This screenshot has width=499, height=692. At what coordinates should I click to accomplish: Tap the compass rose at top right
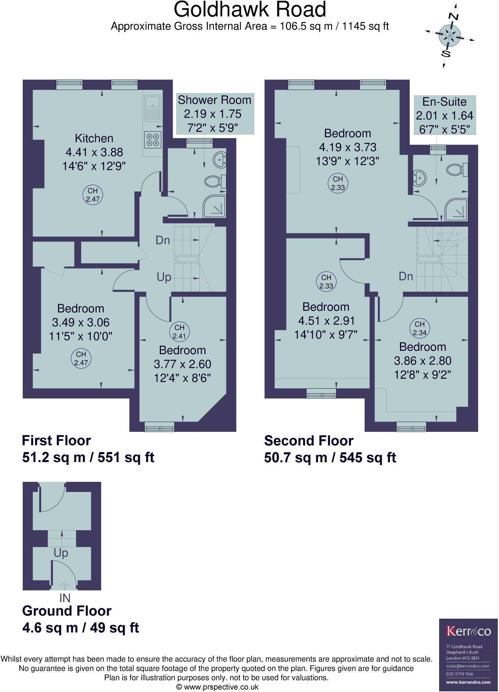point(450,35)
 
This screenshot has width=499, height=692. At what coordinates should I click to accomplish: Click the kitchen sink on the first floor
point(153,108)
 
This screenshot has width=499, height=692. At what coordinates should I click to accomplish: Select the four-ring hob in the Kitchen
point(153,140)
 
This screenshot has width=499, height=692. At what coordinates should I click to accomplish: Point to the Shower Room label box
point(215,114)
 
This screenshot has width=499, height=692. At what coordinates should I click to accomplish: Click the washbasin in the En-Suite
point(419,178)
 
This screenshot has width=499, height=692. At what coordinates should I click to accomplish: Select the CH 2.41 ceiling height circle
point(179,331)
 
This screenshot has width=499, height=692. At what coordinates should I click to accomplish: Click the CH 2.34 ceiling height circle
point(420,328)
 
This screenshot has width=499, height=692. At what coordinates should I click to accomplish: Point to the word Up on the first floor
point(164,277)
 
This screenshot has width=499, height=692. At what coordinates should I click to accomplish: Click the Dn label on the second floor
point(406,276)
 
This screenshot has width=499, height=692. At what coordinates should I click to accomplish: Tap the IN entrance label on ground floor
point(65,608)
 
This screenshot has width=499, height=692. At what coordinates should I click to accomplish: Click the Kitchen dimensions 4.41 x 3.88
point(94,152)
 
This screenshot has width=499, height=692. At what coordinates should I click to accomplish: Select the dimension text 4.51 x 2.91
point(326,321)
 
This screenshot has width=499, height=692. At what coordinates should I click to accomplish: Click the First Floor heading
point(56,441)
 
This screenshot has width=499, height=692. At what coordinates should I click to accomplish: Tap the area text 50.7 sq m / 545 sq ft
point(330,458)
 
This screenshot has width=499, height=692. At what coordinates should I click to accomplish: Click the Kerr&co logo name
point(468,631)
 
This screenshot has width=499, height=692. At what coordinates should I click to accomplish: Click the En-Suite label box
point(445,116)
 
